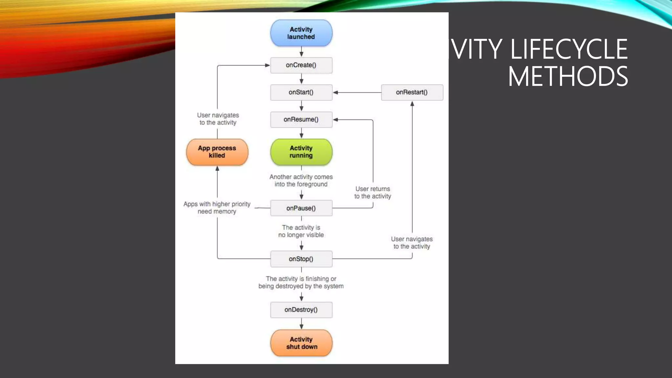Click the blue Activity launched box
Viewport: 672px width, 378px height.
(x=301, y=33)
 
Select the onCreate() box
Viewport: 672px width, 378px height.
(x=301, y=65)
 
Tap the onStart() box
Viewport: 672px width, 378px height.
(x=301, y=93)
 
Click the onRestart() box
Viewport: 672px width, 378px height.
(x=412, y=93)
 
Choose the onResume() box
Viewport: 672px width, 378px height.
(x=301, y=120)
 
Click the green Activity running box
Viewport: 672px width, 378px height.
(x=301, y=152)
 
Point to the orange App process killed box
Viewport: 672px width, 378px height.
(x=217, y=152)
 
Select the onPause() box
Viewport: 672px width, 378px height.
(x=301, y=208)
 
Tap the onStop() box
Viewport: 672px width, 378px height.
(x=301, y=259)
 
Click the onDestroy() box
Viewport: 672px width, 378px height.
(x=301, y=310)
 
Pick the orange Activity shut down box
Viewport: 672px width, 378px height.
(x=301, y=343)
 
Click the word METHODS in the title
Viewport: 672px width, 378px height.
(x=568, y=76)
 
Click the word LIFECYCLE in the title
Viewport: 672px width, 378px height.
(x=569, y=49)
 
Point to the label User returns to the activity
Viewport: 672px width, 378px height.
(x=373, y=193)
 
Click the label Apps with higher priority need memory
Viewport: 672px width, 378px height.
(x=217, y=208)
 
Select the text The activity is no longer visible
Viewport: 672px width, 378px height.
(x=301, y=231)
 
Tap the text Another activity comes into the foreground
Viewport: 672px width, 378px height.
(x=301, y=180)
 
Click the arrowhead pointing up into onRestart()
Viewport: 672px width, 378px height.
(x=412, y=104)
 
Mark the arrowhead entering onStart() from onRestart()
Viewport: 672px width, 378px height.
(x=336, y=93)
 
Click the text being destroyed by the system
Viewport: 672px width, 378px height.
(x=301, y=286)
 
